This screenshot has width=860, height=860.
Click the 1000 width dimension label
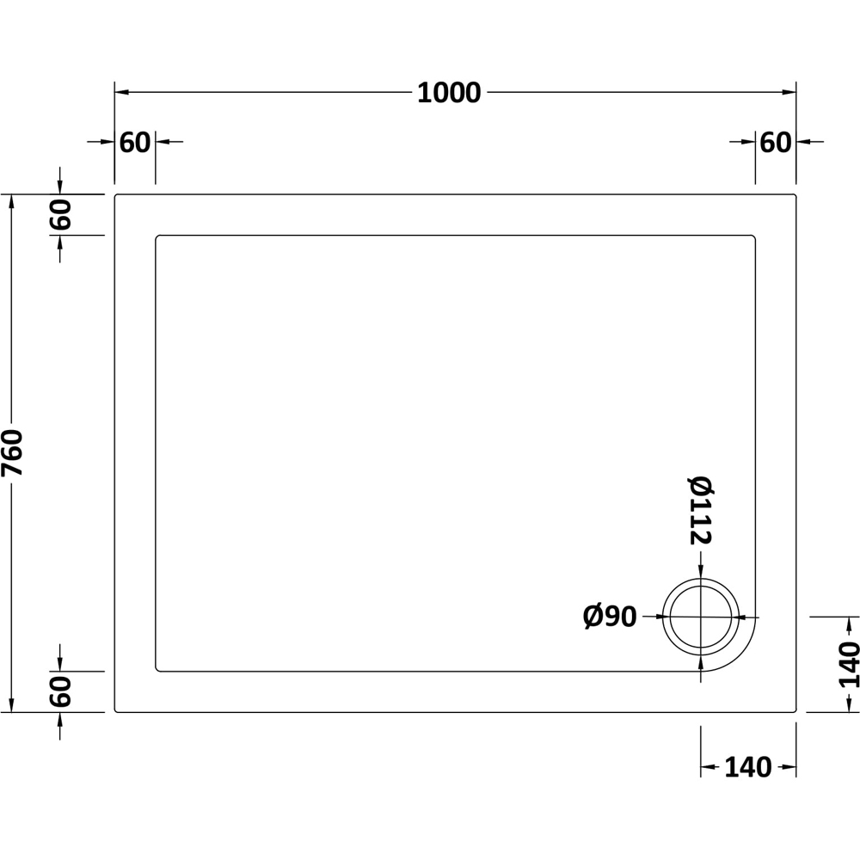[449, 93]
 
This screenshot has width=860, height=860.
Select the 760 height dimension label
[12, 452]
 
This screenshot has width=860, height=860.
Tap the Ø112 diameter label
[700, 511]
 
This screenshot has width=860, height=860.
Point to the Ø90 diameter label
[610, 617]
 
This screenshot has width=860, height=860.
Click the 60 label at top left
[134, 143]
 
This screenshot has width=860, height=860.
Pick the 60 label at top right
[776, 143]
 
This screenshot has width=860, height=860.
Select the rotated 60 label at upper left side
[61, 214]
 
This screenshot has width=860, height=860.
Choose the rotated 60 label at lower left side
[61, 691]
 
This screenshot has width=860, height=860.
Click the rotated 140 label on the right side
[848, 664]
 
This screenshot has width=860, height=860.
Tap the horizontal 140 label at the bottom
[748, 767]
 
